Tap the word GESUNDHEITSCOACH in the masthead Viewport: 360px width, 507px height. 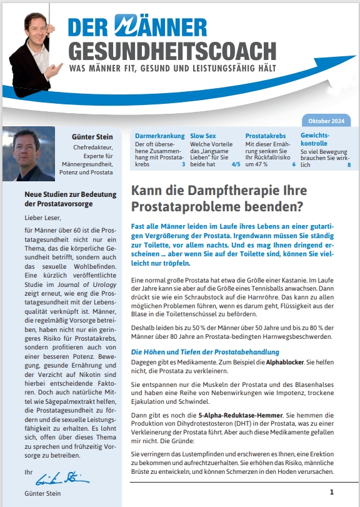pyautogui.click(x=171, y=51)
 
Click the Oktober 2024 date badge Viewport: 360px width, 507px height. pyautogui.click(x=329, y=121)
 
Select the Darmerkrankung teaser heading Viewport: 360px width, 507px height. pyautogui.click(x=160, y=135)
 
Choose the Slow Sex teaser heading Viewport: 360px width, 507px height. pyautogui.click(x=204, y=135)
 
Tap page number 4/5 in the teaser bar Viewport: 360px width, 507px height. pyautogui.click(x=235, y=164)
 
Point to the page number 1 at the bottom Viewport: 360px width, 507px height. pyautogui.click(x=332, y=491)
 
